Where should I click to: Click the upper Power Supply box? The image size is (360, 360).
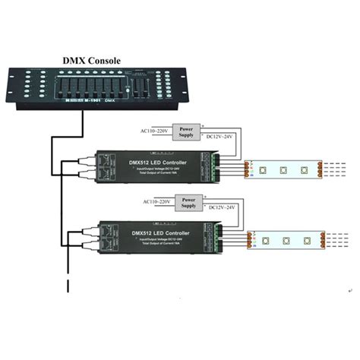187,131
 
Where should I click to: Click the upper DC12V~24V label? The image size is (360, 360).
221,137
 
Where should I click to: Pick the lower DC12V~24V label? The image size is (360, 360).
223,210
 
